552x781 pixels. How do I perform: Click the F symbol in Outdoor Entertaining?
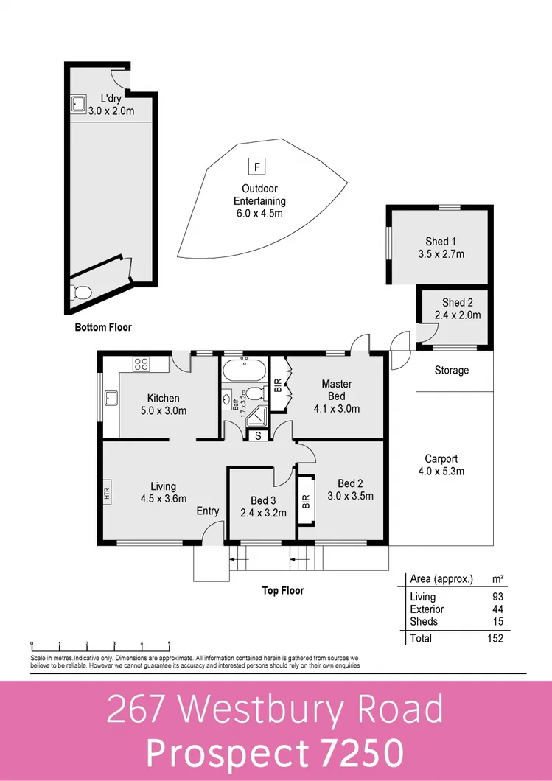click(x=256, y=166)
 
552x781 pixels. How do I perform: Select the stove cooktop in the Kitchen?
click(x=141, y=363)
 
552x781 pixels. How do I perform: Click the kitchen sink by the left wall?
click(x=112, y=399)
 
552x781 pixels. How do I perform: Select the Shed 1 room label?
click(x=441, y=241)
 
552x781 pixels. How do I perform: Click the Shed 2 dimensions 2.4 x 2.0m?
click(x=461, y=315)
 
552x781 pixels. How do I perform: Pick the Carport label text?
click(x=441, y=459)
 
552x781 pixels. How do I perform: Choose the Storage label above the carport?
click(x=451, y=370)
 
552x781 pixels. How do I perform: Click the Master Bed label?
click(x=336, y=390)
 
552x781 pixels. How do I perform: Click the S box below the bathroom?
click(x=257, y=435)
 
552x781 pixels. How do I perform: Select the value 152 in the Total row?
click(x=495, y=638)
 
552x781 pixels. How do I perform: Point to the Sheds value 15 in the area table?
click(x=497, y=621)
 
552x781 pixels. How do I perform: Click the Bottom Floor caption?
click(x=103, y=327)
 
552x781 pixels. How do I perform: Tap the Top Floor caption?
click(x=283, y=590)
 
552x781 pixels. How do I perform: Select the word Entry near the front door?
click(x=207, y=511)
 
